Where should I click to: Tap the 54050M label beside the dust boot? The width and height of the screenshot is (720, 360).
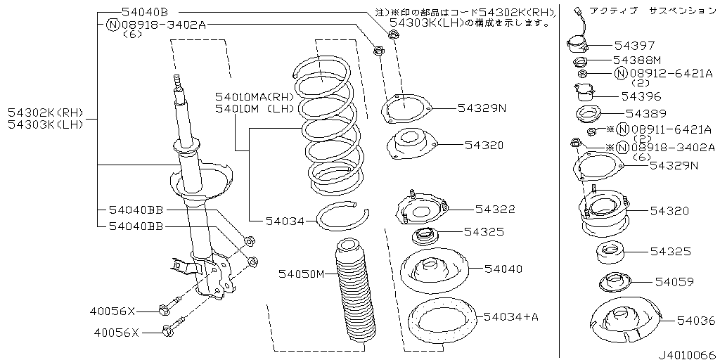301,274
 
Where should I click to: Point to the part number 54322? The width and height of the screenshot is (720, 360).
495,209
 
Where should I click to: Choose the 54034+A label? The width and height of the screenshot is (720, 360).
510,317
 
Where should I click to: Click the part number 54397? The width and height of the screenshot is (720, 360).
634,45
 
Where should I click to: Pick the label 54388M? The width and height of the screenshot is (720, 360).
637,60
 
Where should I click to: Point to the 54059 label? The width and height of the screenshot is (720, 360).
674,282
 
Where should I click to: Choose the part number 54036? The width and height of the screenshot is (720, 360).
696,321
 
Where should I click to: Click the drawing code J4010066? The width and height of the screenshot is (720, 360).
686,354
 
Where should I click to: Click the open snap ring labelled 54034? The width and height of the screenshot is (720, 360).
341,219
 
